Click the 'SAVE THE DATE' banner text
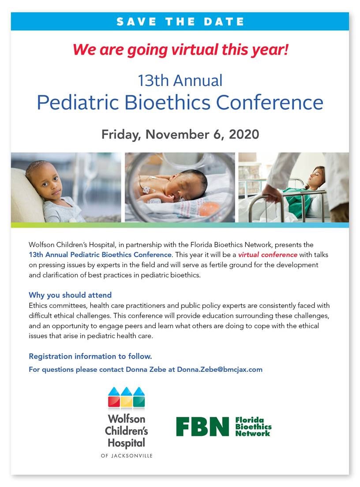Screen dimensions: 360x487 pyautogui.click(x=180, y=22)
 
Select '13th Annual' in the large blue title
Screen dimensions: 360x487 pyautogui.click(x=180, y=80)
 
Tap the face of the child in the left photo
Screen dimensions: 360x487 pyautogui.click(x=47, y=180)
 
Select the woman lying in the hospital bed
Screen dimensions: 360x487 pyautogui.click(x=301, y=193)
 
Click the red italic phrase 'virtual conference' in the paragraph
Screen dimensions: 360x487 pyautogui.click(x=267, y=255)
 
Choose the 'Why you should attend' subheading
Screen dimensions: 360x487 pyautogui.click(x=70, y=295)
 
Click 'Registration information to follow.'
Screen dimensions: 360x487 pyautogui.click(x=90, y=356)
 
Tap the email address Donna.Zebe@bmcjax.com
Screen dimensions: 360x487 pyautogui.click(x=220, y=369)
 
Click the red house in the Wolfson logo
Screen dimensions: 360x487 pyautogui.click(x=114, y=397)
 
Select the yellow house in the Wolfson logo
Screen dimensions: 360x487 pyautogui.click(x=127, y=397)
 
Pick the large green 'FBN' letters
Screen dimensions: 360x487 pyautogui.click(x=202, y=427)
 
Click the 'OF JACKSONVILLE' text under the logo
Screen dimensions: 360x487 pyautogui.click(x=127, y=456)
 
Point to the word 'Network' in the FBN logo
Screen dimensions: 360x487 pyautogui.click(x=252, y=433)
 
